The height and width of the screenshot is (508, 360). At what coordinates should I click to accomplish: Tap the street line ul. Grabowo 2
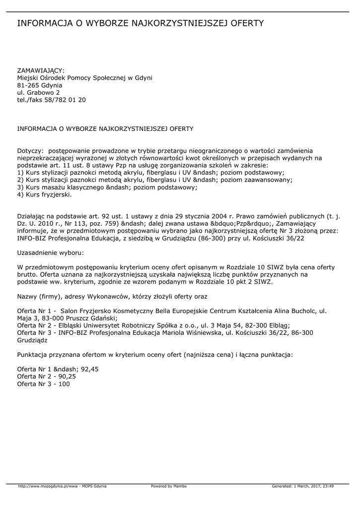[x=39, y=92]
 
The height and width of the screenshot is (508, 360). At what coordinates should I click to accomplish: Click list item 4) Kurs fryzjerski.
[x=45, y=195]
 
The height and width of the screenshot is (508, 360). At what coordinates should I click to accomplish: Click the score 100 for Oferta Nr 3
[x=64, y=384]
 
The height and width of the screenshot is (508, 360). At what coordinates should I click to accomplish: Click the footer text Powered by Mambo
[x=169, y=486]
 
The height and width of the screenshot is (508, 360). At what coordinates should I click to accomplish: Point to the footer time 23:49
[x=328, y=486]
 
